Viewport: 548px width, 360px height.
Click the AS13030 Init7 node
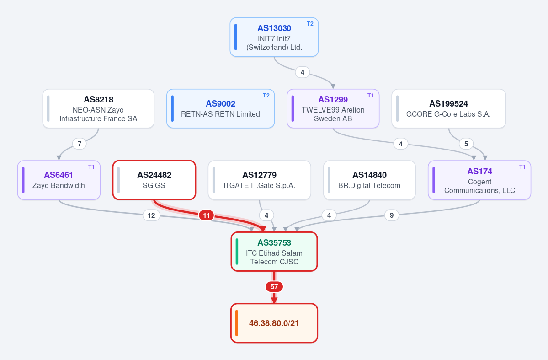(274, 37)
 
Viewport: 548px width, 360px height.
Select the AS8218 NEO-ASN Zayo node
(98, 108)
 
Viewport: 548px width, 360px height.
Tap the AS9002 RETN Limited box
(221, 108)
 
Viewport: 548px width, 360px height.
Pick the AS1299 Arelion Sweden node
(333, 108)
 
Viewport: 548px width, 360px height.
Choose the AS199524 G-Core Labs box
(449, 108)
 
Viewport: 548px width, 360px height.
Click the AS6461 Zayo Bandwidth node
(59, 180)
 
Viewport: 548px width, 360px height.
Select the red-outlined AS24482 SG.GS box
(154, 180)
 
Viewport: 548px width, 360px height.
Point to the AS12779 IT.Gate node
(259, 180)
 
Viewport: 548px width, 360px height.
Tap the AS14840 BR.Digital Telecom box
(369, 180)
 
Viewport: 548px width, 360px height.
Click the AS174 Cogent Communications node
(479, 180)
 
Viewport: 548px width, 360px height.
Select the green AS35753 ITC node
(274, 252)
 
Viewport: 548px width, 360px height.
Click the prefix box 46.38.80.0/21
(274, 323)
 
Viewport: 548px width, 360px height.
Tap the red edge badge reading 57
(274, 287)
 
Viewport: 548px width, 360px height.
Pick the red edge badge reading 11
(207, 215)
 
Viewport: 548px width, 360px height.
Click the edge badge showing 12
(151, 215)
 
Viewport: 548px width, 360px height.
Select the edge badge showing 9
(391, 215)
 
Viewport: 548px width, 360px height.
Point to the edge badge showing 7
(80, 144)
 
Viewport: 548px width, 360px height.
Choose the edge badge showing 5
(466, 144)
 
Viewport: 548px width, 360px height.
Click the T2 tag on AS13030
(310, 24)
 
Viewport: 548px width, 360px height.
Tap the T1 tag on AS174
(522, 167)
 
